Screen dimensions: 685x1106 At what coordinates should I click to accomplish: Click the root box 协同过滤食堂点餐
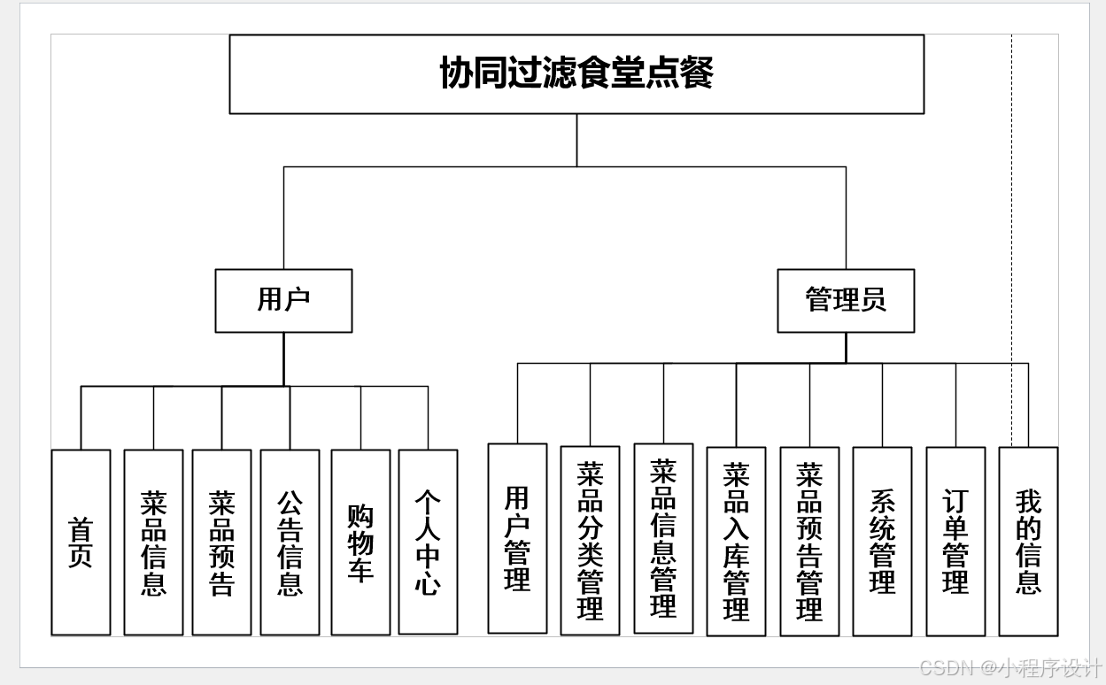(x=576, y=74)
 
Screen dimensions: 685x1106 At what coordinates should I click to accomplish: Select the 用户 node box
(x=283, y=301)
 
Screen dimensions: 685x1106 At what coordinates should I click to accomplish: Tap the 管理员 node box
(x=846, y=301)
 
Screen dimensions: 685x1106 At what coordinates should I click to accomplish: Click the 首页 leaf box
(x=81, y=543)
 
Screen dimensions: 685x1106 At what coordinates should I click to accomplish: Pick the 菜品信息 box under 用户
(x=153, y=543)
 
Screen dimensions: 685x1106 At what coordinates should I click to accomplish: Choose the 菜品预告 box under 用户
(x=221, y=543)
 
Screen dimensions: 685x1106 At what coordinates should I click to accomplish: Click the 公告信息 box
(x=290, y=543)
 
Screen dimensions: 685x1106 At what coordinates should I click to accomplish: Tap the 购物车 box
(x=360, y=543)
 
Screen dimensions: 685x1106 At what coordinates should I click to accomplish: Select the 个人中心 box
(x=428, y=543)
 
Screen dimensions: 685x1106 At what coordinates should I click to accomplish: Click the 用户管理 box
(x=517, y=538)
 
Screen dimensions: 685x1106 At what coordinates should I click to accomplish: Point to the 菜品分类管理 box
(x=590, y=541)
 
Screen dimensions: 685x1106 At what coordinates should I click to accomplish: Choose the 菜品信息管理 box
(x=663, y=538)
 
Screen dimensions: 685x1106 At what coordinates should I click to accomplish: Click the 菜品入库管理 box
(x=736, y=541)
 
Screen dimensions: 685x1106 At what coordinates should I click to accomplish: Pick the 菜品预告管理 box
(x=809, y=541)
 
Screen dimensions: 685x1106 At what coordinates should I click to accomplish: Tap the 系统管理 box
(x=882, y=541)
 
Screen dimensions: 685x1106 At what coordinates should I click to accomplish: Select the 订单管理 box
(x=955, y=541)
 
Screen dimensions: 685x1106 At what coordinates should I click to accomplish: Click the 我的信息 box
(x=1028, y=541)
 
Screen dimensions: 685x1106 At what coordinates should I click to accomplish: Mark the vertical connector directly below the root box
(x=576, y=140)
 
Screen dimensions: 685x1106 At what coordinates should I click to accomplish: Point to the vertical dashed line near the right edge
(x=1012, y=221)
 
